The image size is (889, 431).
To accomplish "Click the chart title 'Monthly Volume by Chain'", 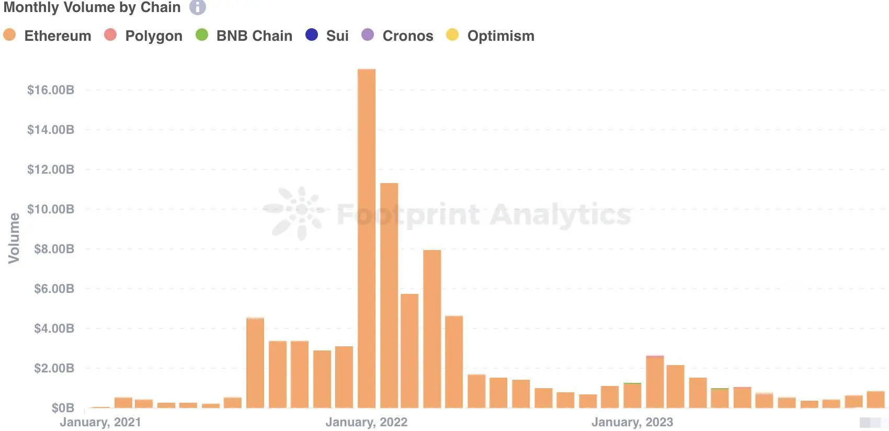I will click(x=92, y=7).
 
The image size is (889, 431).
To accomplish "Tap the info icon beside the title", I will click(x=197, y=7).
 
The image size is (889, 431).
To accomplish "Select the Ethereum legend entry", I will click(x=48, y=36).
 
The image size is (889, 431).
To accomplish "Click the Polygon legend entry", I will click(x=144, y=36).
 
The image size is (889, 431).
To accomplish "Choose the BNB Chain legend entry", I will click(x=244, y=36).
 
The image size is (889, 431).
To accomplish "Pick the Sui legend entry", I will click(x=327, y=36).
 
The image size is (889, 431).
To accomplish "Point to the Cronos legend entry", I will click(x=398, y=36).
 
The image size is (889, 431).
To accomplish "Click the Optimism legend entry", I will click(x=491, y=36).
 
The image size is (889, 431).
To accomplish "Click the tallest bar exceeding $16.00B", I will click(x=367, y=238).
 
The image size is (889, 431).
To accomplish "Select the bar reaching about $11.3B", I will click(x=389, y=295).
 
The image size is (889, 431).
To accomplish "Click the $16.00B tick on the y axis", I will click(x=51, y=90).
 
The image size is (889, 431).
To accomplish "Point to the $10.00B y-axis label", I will click(x=51, y=209).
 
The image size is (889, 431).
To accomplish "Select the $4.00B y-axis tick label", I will click(x=54, y=328).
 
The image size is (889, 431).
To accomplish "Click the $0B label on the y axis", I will click(x=63, y=408).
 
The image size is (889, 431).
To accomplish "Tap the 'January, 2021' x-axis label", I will click(x=100, y=422).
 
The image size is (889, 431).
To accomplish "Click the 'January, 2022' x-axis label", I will click(x=367, y=422).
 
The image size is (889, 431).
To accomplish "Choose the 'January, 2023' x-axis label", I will click(x=632, y=422).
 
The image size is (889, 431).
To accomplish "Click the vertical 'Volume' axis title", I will click(x=14, y=238).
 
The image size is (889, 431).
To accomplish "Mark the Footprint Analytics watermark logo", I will click(x=294, y=213).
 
